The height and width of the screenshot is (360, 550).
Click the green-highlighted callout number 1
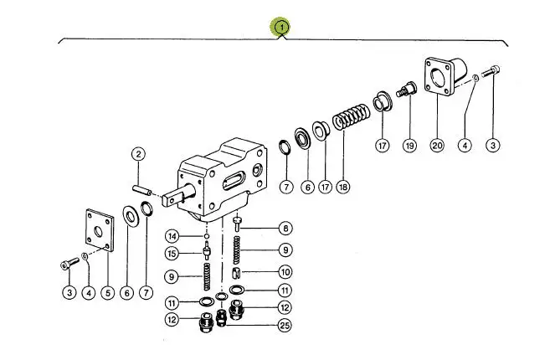[x=282, y=27]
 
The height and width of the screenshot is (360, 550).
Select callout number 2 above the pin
[x=138, y=153]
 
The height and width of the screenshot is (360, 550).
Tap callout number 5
[x=107, y=292]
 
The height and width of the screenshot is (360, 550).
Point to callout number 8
[x=285, y=228]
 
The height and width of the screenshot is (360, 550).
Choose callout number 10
[x=285, y=271]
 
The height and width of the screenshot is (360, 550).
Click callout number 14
[x=171, y=235]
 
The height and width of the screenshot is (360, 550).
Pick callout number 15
[x=171, y=255]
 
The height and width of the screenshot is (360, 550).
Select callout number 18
[x=343, y=187]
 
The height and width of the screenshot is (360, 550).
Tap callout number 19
[x=409, y=146]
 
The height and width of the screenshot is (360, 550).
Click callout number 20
[x=437, y=146]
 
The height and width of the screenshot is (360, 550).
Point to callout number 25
[x=285, y=325]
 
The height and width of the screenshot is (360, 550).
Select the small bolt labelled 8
[x=239, y=224]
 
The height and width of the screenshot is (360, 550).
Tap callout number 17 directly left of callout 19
[x=383, y=146]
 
